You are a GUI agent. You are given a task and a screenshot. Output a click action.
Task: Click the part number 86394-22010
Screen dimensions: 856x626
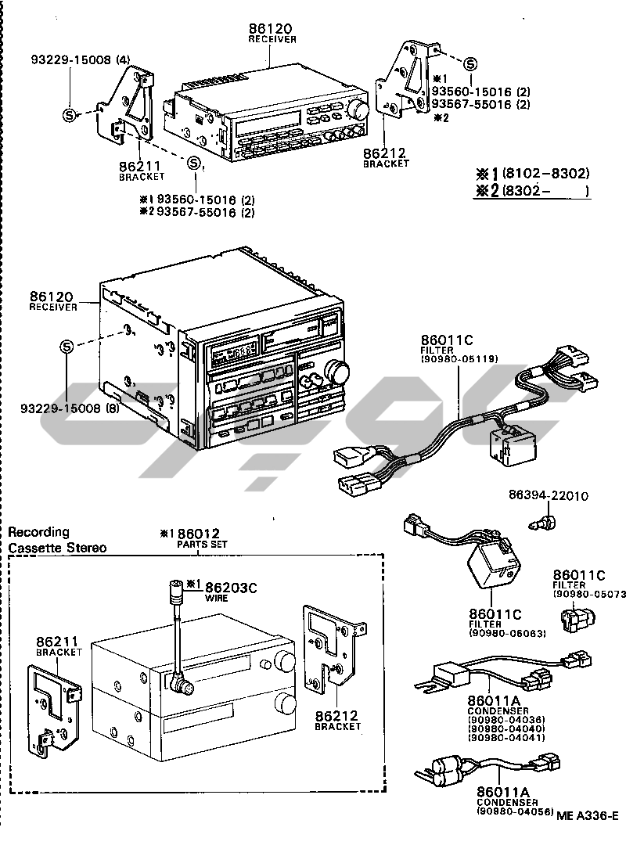[548, 496]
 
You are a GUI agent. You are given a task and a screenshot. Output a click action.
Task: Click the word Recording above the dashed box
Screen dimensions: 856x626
[38, 532]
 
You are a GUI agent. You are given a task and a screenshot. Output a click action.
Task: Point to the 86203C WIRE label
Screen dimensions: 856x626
[230, 588]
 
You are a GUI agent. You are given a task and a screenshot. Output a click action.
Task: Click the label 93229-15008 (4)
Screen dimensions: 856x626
[81, 59]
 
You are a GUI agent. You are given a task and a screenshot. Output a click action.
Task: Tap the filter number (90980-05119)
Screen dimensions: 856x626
[459, 359]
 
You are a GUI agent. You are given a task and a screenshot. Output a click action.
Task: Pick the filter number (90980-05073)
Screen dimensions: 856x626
[588, 594]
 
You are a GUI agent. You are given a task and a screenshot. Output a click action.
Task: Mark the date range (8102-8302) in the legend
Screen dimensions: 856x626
[545, 173]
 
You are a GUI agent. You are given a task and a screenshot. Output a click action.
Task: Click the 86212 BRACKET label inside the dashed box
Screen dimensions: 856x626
[337, 719]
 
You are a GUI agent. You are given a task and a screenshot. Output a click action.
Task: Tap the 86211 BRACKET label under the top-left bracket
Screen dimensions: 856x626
[142, 171]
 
